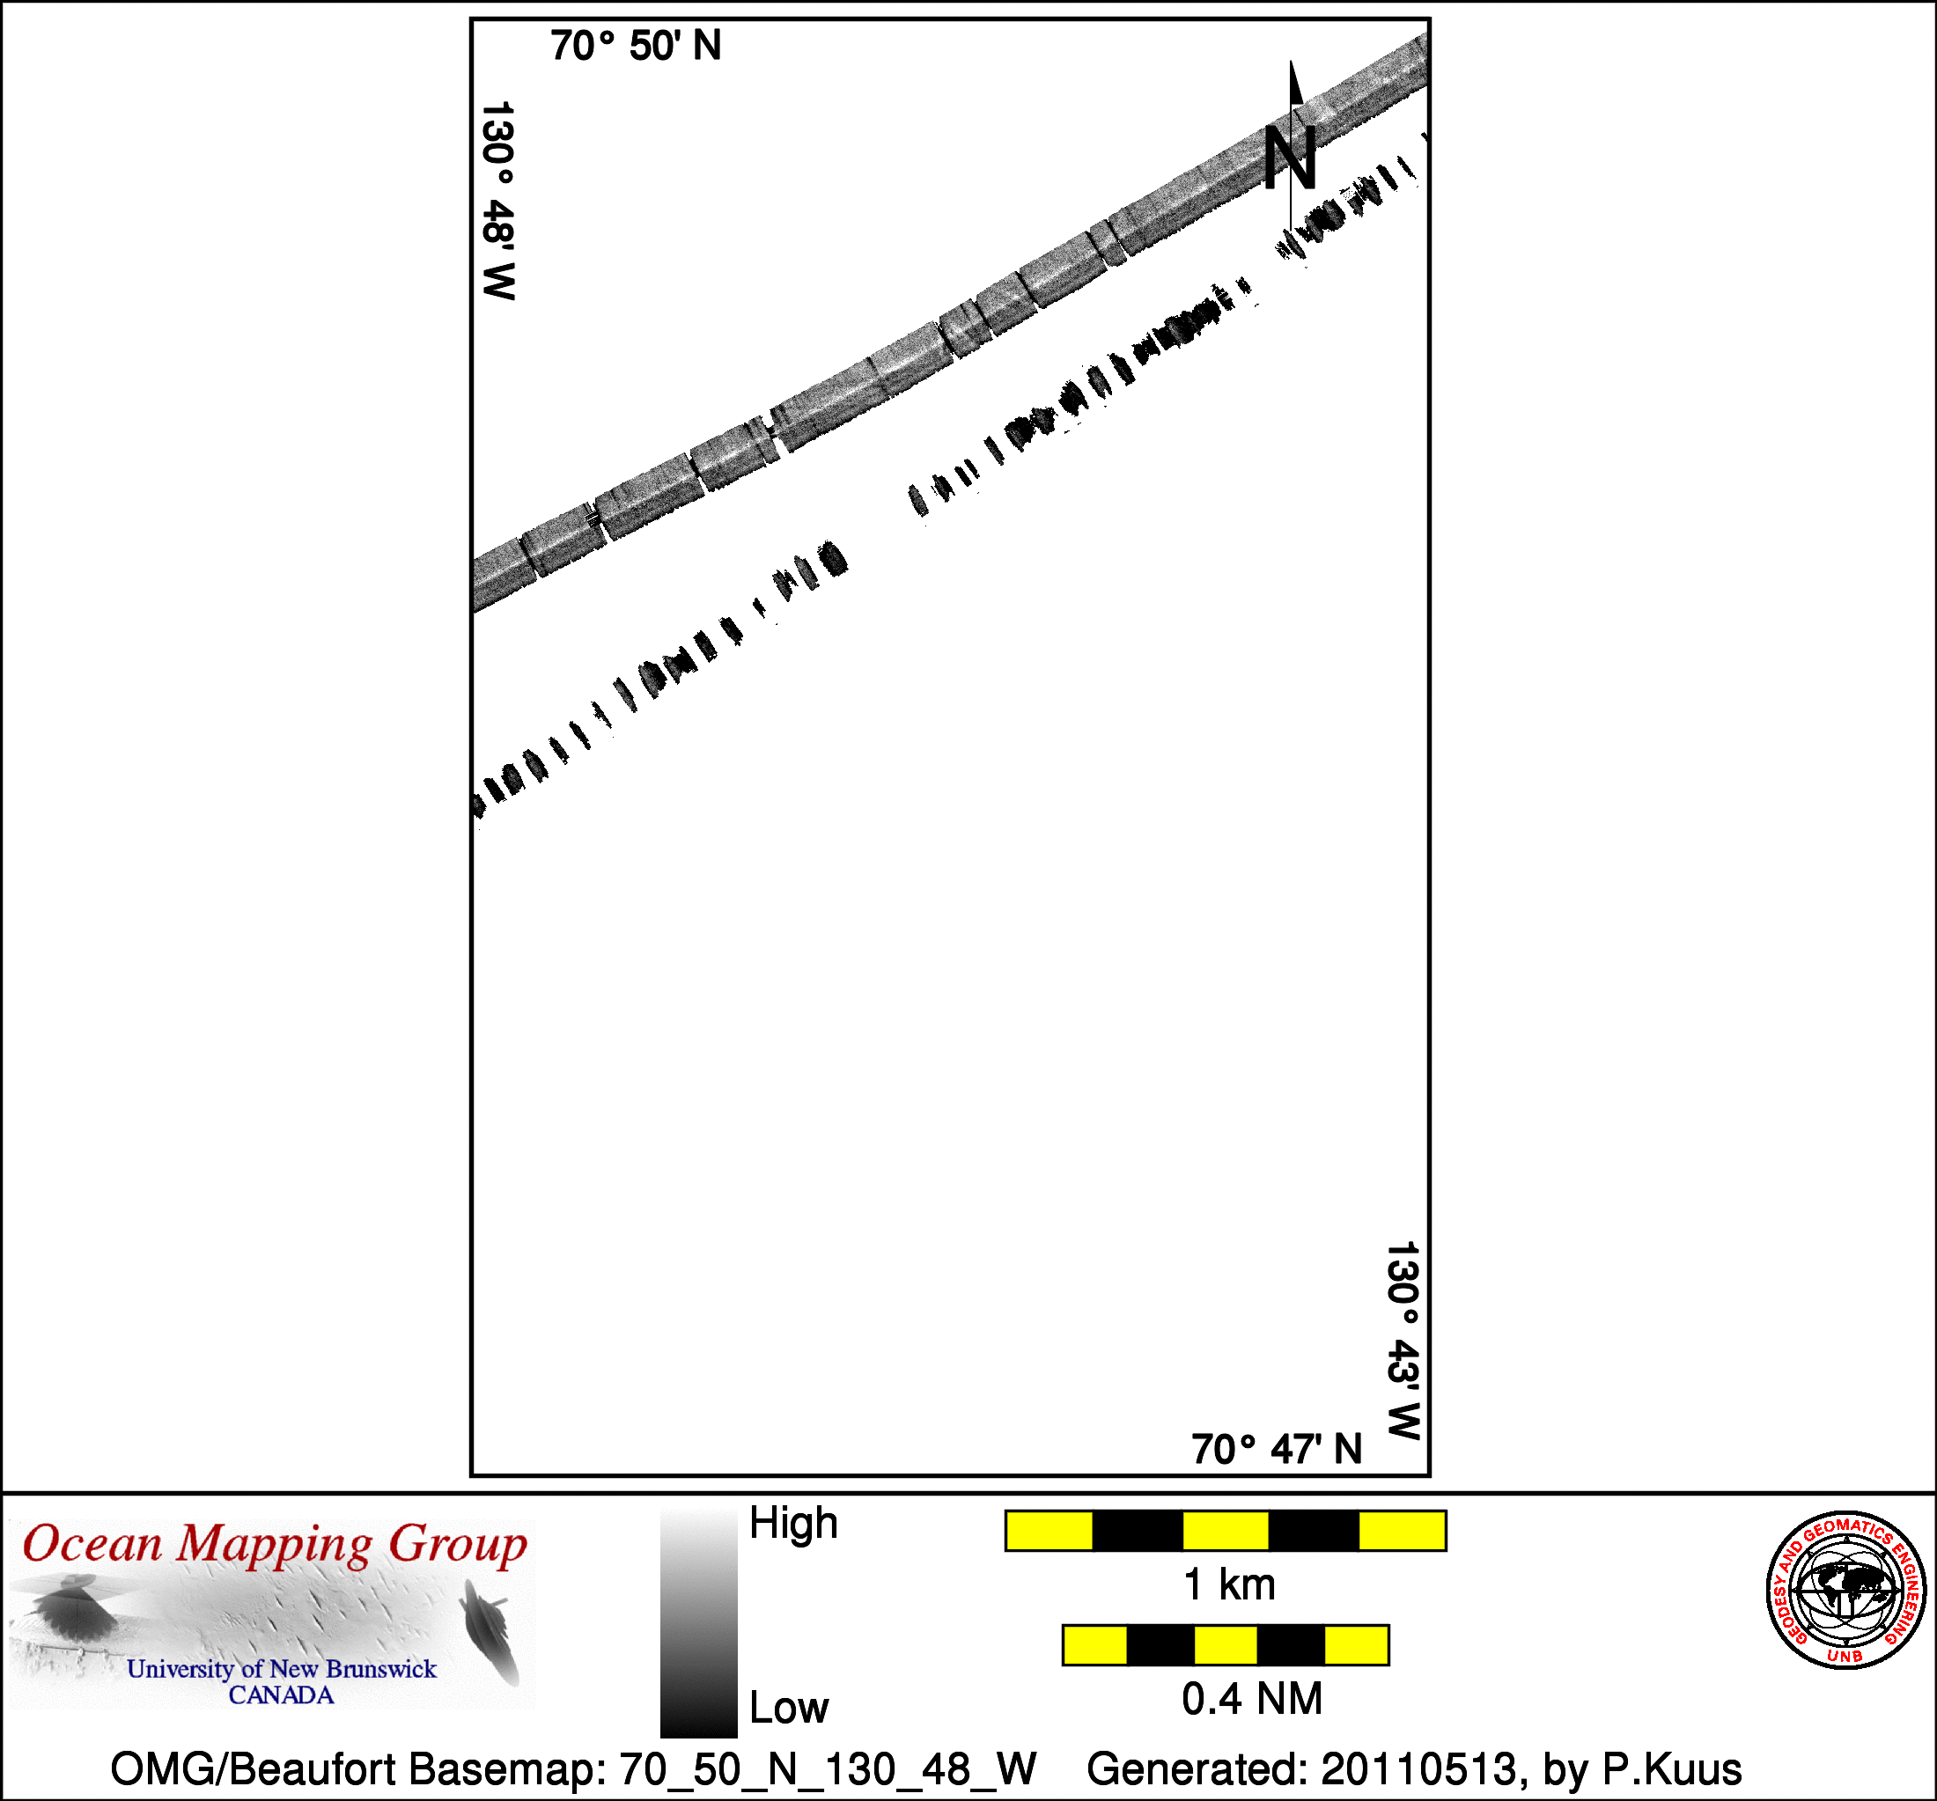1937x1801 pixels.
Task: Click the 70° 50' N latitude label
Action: click(x=636, y=46)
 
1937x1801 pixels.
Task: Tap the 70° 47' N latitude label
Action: click(x=1277, y=1450)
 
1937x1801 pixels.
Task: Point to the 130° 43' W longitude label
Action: click(x=1403, y=1341)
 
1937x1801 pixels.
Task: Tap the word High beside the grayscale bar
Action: click(x=793, y=1523)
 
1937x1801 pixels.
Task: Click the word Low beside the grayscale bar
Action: click(x=788, y=1708)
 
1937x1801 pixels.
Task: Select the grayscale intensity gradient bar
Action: click(x=698, y=1624)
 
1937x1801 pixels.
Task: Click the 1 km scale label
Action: click(x=1228, y=1584)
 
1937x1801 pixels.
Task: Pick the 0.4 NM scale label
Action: click(x=1252, y=1699)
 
